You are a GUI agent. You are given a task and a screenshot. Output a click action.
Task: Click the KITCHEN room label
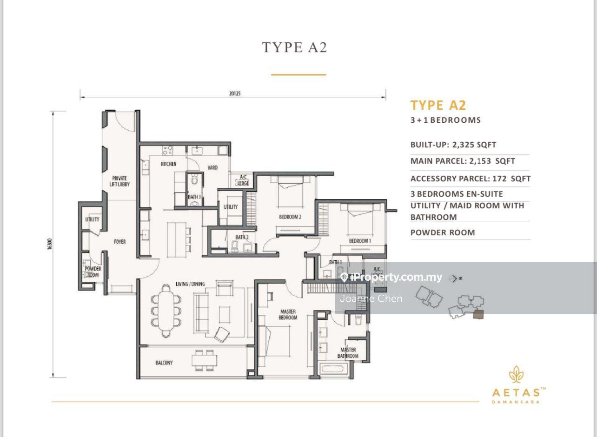pyautogui.click(x=168, y=164)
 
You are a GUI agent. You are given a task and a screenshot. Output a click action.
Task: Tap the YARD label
pyautogui.click(x=212, y=168)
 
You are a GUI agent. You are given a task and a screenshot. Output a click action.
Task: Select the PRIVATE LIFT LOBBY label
pyautogui.click(x=119, y=181)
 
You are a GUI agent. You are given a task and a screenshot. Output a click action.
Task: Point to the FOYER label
pyautogui.click(x=119, y=242)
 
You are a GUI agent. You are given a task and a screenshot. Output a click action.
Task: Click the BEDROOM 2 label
pyautogui.click(x=290, y=217)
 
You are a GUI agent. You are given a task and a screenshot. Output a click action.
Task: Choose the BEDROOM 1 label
pyautogui.click(x=360, y=241)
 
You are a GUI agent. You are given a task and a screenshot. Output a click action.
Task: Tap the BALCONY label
pyautogui.click(x=164, y=363)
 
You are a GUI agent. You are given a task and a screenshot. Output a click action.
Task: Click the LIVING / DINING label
pyautogui.click(x=190, y=284)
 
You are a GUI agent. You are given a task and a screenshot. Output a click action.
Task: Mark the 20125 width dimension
pyautogui.click(x=235, y=93)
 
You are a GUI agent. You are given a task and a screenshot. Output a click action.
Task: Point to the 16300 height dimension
pyautogui.click(x=50, y=244)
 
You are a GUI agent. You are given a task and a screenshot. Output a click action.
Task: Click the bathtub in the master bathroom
pyautogui.click(x=333, y=369)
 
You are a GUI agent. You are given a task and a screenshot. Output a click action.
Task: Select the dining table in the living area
pyautogui.click(x=166, y=311)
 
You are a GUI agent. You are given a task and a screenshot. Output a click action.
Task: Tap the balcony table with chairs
pyautogui.click(x=204, y=360)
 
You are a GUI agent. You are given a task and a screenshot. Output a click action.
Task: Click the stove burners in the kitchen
pyautogui.click(x=167, y=150)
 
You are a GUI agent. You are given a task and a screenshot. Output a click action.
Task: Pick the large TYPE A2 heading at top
pyautogui.click(x=294, y=48)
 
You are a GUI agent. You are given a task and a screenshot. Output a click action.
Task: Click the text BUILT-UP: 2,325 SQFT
pyautogui.click(x=453, y=145)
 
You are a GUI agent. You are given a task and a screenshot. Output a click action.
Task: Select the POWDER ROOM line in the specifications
pyautogui.click(x=443, y=232)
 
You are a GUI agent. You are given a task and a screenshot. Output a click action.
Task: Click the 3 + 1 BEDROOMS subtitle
pyautogui.click(x=445, y=120)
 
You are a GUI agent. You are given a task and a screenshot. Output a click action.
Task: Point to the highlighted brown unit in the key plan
pyautogui.click(x=478, y=314)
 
